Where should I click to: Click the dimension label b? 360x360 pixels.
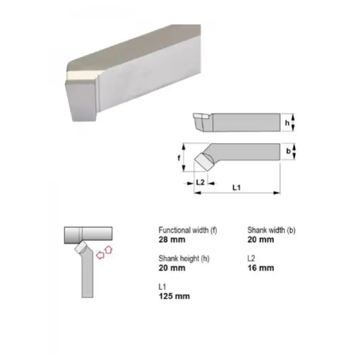288,151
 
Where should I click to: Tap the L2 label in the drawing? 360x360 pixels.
201,181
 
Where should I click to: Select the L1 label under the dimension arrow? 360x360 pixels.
236,188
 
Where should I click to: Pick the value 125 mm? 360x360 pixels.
174,296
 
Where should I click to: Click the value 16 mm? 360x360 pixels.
261,268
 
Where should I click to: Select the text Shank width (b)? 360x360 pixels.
271,230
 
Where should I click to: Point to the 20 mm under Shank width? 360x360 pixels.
261,240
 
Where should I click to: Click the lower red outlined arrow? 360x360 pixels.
100,255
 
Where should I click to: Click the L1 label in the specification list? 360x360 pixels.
162,286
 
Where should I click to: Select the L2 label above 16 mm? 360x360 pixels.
252,258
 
